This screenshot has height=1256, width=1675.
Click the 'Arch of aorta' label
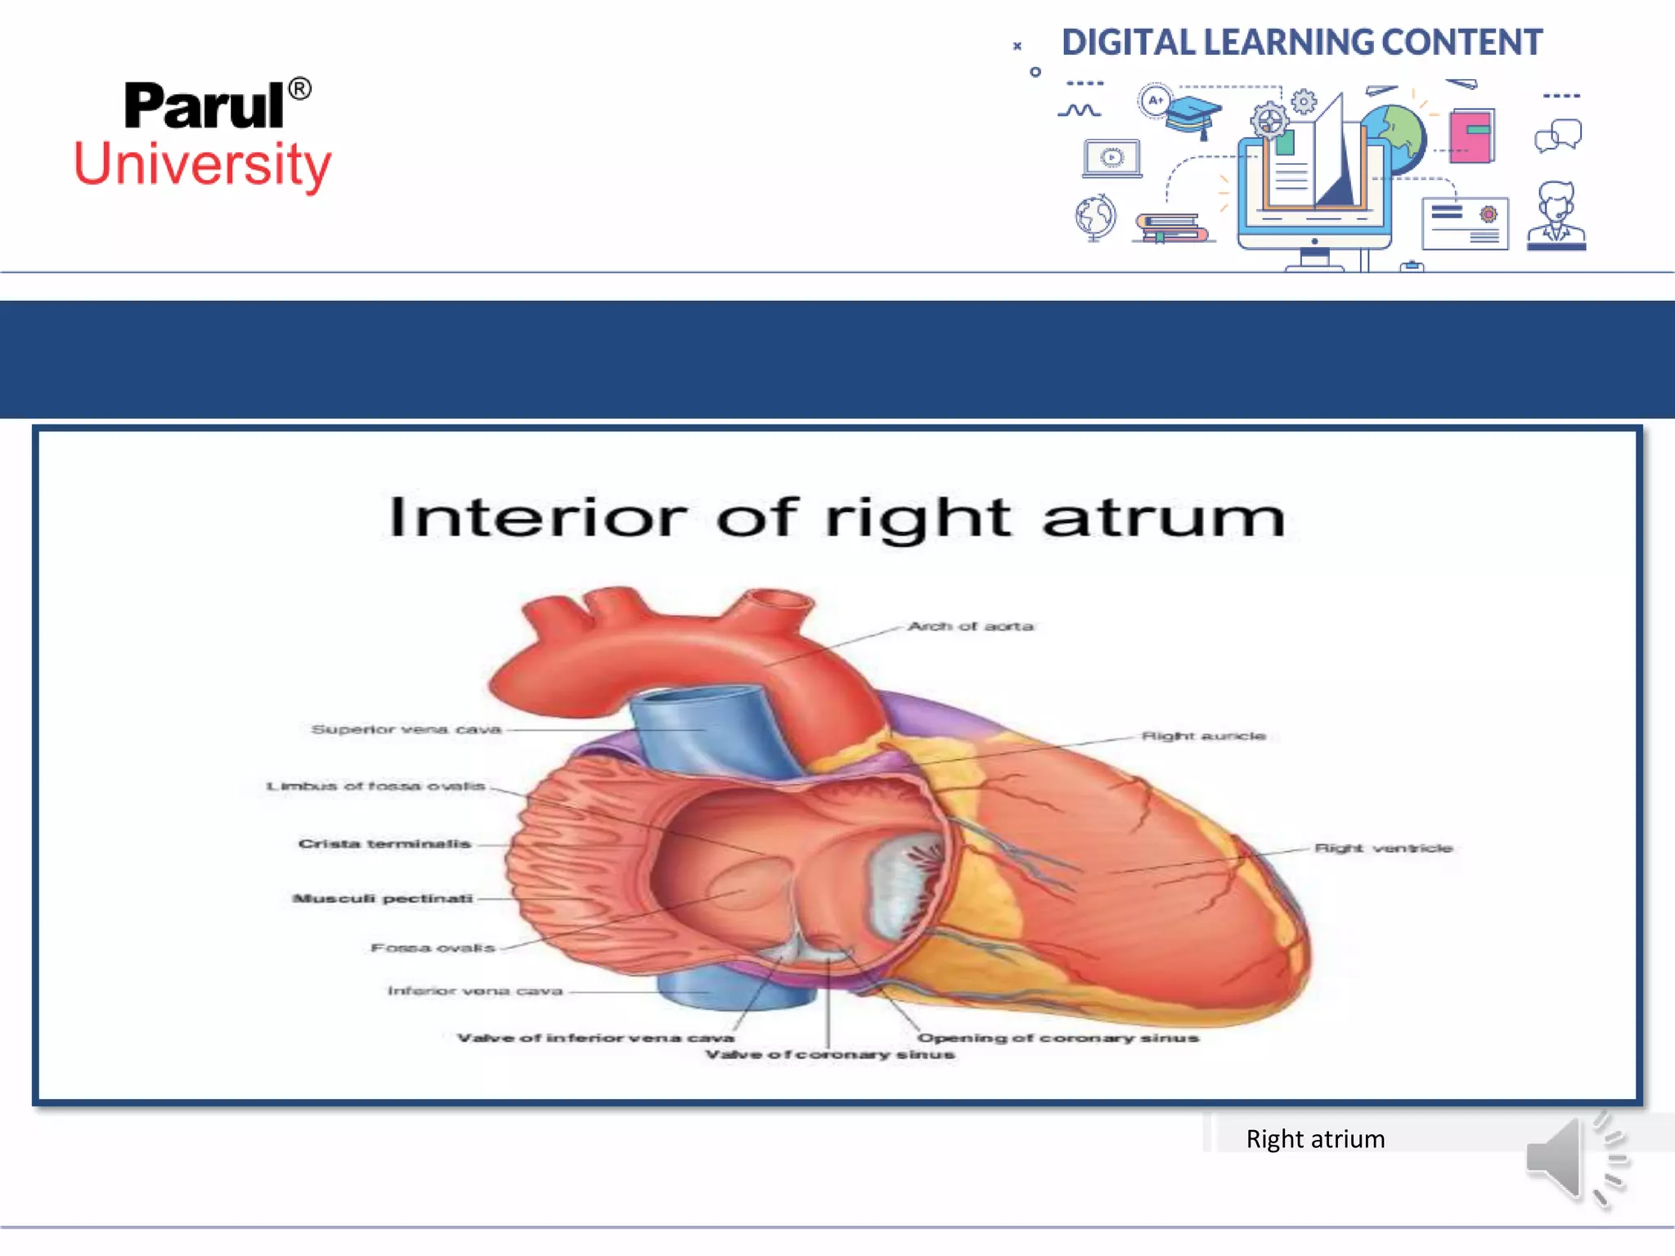(971, 626)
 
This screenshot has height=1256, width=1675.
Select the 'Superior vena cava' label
(406, 729)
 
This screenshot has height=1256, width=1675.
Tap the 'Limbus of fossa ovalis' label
(376, 787)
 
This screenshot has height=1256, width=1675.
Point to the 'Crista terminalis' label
(384, 844)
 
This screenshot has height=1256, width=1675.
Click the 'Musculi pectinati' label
(383, 899)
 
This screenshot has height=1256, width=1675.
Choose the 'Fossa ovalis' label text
(433, 948)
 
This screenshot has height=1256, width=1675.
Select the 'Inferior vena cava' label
(475, 991)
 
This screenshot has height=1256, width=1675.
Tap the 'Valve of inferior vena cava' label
(595, 1038)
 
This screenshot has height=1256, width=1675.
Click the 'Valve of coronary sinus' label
(830, 1055)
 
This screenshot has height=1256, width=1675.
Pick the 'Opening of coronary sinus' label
(1058, 1038)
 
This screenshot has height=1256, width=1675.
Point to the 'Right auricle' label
(1203, 736)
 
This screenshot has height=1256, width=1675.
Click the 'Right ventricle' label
(1383, 848)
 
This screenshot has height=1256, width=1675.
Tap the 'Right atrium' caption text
(1315, 1139)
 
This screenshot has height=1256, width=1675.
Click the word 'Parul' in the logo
(204, 106)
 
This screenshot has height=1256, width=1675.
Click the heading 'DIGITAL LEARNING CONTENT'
(1302, 43)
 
